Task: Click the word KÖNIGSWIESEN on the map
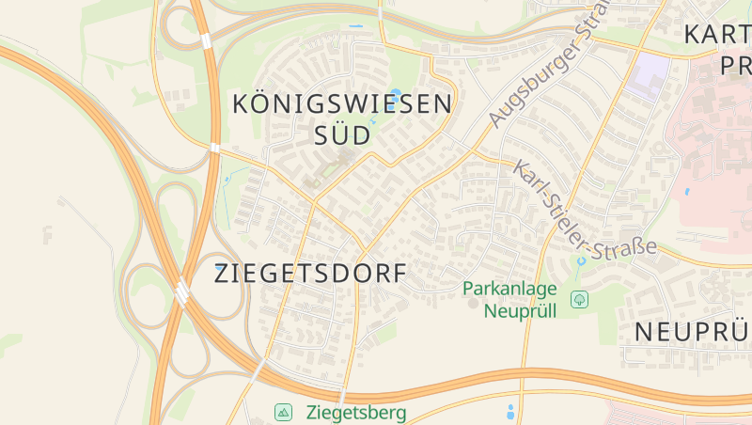click(341, 103)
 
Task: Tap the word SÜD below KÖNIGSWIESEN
click(341, 134)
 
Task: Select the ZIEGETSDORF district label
click(311, 274)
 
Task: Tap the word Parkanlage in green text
click(510, 289)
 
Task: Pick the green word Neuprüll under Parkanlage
click(520, 310)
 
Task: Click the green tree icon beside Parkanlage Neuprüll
click(580, 300)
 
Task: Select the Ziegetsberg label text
click(356, 412)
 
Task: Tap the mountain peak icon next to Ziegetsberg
click(283, 412)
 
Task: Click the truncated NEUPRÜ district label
click(692, 332)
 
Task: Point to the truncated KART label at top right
click(717, 36)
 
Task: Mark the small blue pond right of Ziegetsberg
click(510, 411)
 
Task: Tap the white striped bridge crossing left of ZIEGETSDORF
click(181, 293)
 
